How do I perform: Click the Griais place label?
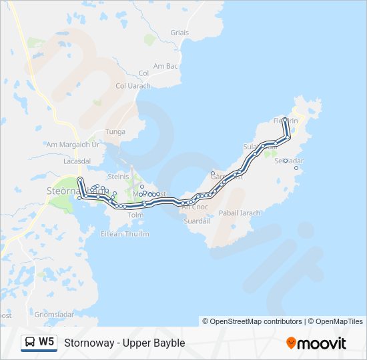pyautogui.click(x=179, y=33)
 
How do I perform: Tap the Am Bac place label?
pyautogui.click(x=165, y=66)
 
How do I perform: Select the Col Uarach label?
pyautogui.click(x=133, y=86)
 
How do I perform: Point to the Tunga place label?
pyautogui.click(x=115, y=131)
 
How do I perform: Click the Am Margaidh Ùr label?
pyautogui.click(x=72, y=144)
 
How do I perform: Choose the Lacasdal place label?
pyautogui.click(x=76, y=161)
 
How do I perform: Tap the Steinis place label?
pyautogui.click(x=118, y=177)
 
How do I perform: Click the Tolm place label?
pyautogui.click(x=135, y=215)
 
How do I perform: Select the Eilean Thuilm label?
pyautogui.click(x=126, y=234)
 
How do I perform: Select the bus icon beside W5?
pyautogui.click(x=30, y=343)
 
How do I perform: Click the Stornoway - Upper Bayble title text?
pyautogui.click(x=125, y=343)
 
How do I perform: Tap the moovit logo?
pyautogui.click(x=316, y=343)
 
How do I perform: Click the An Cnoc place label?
pyautogui.click(x=195, y=207)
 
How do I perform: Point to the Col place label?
pyautogui.click(x=143, y=73)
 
